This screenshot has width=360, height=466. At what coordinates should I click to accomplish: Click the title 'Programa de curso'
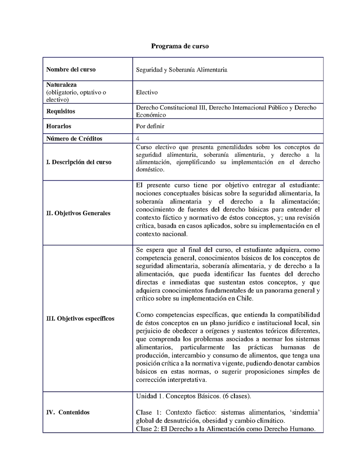click(180, 46)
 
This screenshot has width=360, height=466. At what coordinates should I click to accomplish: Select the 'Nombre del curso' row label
click(71, 69)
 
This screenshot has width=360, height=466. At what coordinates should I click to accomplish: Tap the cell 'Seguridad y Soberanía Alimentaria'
click(181, 70)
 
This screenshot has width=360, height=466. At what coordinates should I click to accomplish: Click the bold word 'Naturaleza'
click(61, 85)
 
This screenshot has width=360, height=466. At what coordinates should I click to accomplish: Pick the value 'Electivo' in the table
click(147, 92)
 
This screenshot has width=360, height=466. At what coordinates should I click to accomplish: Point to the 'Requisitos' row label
click(61, 111)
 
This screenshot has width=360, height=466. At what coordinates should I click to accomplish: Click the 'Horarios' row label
click(58, 127)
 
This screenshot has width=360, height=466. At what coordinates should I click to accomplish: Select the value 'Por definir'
click(150, 127)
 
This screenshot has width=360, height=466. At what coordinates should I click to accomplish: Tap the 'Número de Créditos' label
click(74, 138)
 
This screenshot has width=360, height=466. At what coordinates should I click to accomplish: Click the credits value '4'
click(138, 138)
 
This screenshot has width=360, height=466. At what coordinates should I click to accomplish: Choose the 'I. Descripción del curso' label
click(79, 162)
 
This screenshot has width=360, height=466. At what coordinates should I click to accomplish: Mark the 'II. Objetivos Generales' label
click(78, 213)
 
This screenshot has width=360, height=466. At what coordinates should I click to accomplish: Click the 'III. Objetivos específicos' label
click(80, 318)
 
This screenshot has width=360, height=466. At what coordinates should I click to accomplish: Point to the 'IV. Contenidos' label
click(68, 412)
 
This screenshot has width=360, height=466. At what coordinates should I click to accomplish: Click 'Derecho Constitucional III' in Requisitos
click(171, 108)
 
